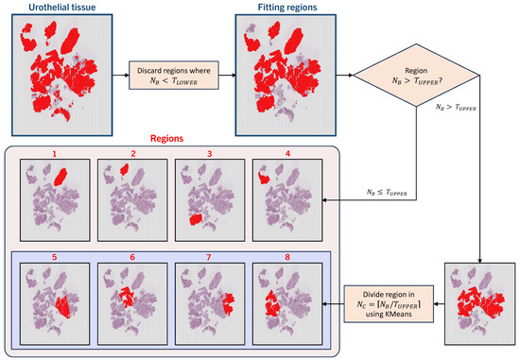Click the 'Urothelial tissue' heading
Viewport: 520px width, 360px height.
click(62, 7)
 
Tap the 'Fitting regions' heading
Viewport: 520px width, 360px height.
click(287, 7)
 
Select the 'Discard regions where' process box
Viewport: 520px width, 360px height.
click(174, 76)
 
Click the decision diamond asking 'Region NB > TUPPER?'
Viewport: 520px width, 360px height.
click(416, 76)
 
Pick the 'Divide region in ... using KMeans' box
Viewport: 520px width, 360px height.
click(389, 303)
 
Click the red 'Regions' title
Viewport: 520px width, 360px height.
click(166, 138)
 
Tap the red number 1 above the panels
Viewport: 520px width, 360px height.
click(55, 154)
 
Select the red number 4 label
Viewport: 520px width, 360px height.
click(287, 154)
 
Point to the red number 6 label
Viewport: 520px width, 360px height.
click(132, 257)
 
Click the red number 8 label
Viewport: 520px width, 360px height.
click(287, 257)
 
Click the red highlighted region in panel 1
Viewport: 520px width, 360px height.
click(61, 177)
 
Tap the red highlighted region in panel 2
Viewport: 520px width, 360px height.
click(125, 169)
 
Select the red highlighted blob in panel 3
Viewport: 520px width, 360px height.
click(196, 220)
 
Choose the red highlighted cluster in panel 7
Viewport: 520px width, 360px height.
click(229, 303)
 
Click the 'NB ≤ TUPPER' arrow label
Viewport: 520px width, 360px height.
click(387, 192)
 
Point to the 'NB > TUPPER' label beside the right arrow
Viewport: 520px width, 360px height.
click(456, 108)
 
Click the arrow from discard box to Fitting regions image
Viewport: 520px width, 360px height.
click(227, 76)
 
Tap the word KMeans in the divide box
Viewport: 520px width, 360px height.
click(400, 314)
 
